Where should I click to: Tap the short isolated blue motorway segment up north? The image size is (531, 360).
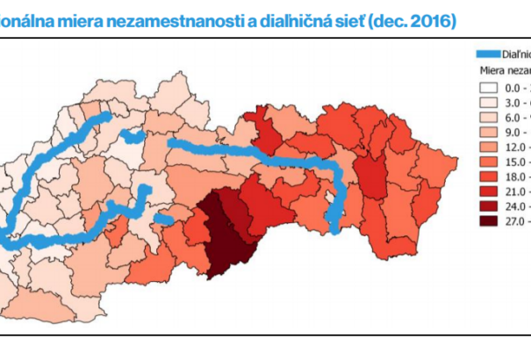tap(133, 136)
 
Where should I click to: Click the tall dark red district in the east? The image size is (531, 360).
tap(371, 176)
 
